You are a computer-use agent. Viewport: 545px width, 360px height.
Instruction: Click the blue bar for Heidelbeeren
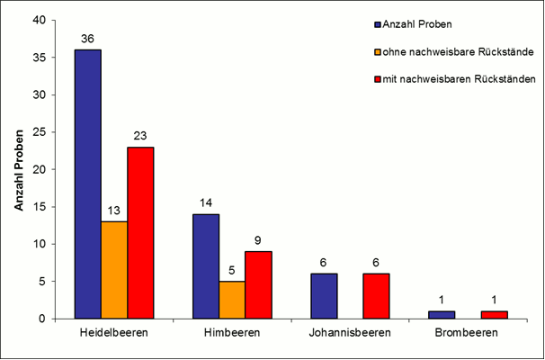(87, 184)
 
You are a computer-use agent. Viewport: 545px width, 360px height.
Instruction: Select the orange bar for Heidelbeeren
(113, 269)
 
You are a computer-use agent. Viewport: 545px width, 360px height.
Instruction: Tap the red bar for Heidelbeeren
(140, 232)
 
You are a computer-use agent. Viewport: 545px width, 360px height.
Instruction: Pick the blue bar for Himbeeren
(205, 265)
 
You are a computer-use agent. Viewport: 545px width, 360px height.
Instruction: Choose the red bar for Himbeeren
(258, 284)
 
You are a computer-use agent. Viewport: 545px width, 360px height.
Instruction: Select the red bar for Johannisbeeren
(377, 296)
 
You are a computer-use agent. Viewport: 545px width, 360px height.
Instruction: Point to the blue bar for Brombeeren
(442, 314)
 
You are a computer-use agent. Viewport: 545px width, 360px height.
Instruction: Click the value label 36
(87, 39)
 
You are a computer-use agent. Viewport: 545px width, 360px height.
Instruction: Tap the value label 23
(140, 136)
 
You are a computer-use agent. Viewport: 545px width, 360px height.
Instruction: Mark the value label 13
(114, 211)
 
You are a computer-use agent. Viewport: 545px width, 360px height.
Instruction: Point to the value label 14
(205, 203)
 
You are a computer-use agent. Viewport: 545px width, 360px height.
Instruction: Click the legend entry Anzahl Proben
(415, 24)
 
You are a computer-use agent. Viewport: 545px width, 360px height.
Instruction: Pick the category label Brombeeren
(469, 333)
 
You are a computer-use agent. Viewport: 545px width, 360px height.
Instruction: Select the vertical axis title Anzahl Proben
(18, 169)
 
